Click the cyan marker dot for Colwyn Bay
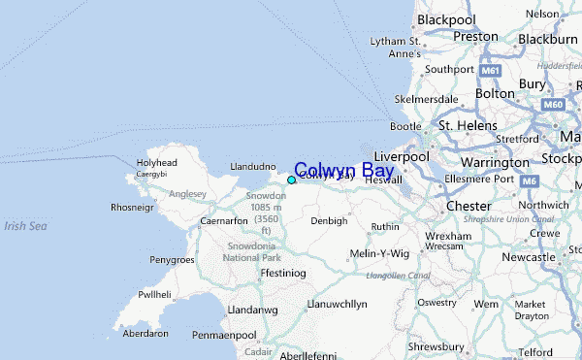(291, 180)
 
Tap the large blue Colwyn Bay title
(343, 171)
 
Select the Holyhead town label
(156, 162)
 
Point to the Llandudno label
(253, 167)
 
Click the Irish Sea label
(25, 226)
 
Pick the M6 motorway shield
(530, 181)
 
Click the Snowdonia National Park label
(251, 250)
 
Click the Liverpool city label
(401, 156)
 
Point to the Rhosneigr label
(133, 207)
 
